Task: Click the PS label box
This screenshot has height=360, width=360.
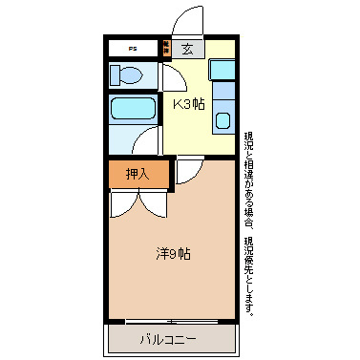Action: tap(133, 48)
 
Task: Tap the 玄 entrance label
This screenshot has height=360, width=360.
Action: tap(187, 49)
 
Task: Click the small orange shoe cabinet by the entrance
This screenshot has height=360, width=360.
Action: tap(165, 48)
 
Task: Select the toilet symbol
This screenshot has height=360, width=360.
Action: tap(128, 74)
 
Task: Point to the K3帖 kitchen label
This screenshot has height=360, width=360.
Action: tap(187, 104)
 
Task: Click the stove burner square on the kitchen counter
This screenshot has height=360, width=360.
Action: tap(222, 120)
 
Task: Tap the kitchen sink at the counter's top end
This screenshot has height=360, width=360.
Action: tap(222, 70)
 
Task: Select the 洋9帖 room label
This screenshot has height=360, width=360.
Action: tap(173, 254)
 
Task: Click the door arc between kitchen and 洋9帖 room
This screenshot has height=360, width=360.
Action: tap(188, 169)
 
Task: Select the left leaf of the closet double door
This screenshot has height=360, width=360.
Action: tap(123, 201)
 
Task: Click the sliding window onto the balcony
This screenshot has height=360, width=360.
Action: tap(172, 321)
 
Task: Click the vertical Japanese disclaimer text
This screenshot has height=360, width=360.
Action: tap(249, 223)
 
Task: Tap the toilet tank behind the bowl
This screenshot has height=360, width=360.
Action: tap(115, 74)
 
